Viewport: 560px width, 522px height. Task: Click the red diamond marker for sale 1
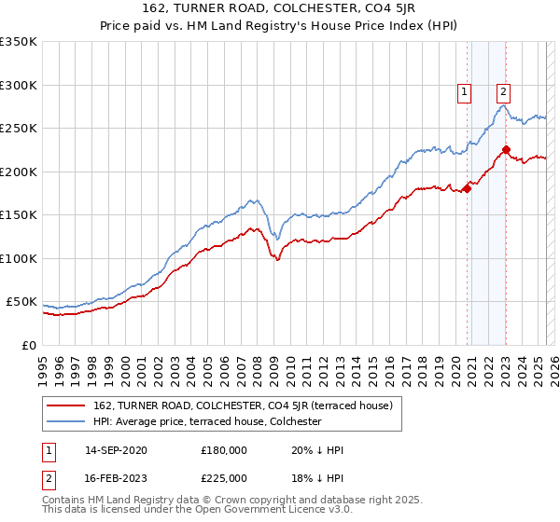click(467, 189)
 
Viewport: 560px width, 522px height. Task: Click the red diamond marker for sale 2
click(506, 149)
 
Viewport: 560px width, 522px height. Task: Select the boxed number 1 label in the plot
click(464, 91)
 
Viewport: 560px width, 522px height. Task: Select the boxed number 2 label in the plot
click(503, 91)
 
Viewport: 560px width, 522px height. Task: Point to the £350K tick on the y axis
click(19, 42)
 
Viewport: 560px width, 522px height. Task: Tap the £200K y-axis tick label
click(19, 172)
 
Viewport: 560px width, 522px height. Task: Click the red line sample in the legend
click(67, 405)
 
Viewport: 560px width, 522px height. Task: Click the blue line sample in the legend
click(67, 421)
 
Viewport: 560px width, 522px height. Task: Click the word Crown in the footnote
click(249, 500)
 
